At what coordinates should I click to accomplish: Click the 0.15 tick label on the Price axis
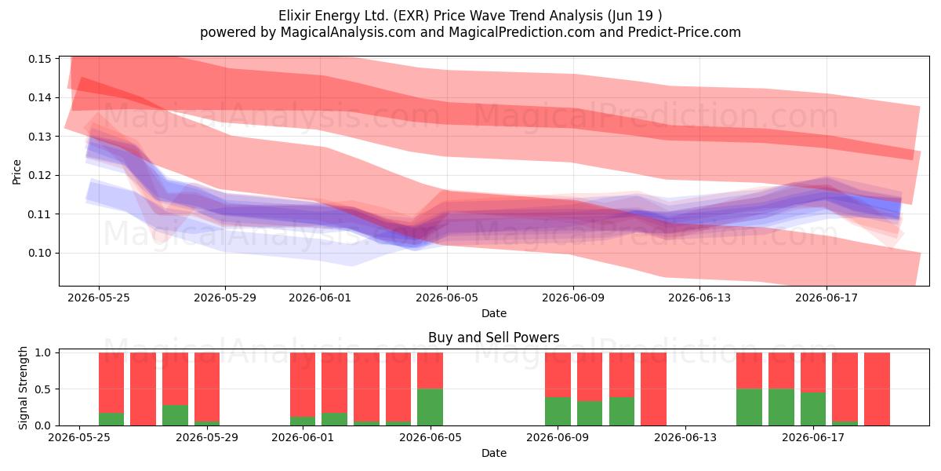tap(39, 59)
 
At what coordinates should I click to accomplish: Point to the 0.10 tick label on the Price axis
tap(39, 253)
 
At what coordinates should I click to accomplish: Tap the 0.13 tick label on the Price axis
tap(39, 137)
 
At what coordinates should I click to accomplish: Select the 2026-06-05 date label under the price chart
tap(447, 298)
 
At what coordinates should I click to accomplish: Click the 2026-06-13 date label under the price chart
tap(699, 298)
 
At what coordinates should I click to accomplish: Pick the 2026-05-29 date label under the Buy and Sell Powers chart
tap(207, 437)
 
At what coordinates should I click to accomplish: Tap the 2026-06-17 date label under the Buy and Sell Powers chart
tap(813, 437)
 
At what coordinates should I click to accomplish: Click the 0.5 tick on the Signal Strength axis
tap(42, 389)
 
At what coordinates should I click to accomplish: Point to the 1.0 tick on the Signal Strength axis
tap(42, 352)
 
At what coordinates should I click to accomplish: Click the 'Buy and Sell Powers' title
tap(493, 338)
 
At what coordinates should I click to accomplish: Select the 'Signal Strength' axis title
tap(23, 388)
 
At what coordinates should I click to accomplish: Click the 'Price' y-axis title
tap(16, 172)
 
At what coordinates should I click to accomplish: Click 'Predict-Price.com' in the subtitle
tap(685, 32)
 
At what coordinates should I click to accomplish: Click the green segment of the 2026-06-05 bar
tap(431, 407)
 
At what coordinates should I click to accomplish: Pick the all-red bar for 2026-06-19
tap(877, 389)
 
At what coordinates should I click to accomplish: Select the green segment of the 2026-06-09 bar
tap(558, 411)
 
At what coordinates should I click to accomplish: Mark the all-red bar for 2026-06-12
tap(654, 389)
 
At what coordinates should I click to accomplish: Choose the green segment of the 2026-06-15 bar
tap(749, 407)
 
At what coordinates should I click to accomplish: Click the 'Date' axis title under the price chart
tap(494, 313)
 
